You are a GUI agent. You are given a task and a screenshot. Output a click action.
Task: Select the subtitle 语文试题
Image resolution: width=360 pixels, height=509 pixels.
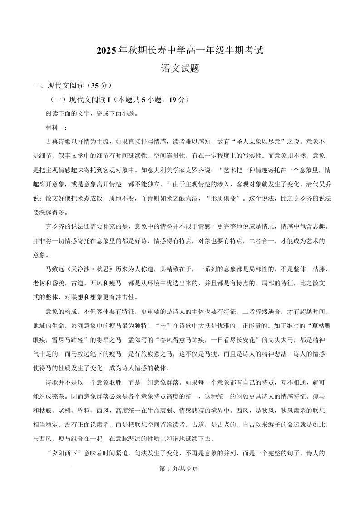[x=180, y=69]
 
